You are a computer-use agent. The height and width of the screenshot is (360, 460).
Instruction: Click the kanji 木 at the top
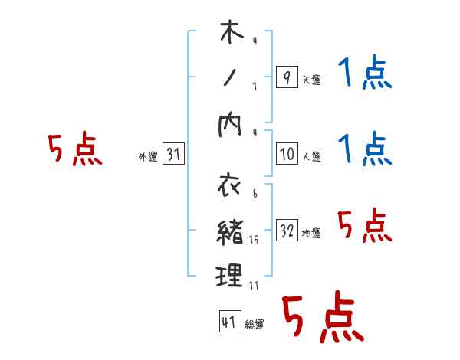point(231,34)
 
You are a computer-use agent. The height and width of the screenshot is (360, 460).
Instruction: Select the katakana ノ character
point(231,77)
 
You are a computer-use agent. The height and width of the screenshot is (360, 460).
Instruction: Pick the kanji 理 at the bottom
point(231,275)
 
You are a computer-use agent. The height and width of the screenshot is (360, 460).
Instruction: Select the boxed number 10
point(287,154)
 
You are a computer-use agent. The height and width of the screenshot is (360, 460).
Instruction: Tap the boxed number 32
point(287,231)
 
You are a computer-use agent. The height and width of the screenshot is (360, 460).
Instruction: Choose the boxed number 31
point(173,155)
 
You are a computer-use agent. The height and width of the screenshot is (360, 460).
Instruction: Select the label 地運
point(311,234)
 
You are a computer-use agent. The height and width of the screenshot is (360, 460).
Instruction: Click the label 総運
point(255,325)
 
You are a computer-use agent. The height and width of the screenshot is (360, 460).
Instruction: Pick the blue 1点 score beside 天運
point(364,76)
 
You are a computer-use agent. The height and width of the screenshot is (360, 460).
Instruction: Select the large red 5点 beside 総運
point(322,318)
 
